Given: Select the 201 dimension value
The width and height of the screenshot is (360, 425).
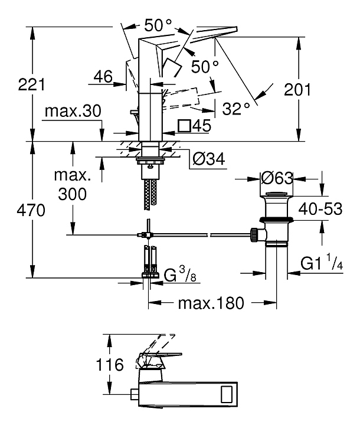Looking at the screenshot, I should (313, 90).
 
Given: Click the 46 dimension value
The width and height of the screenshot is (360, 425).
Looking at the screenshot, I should (103, 76).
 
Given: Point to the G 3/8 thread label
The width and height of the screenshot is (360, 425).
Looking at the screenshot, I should (179, 275).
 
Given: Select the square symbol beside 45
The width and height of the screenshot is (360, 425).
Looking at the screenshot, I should (185, 125).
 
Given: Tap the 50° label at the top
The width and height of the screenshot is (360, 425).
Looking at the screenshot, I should (158, 25).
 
